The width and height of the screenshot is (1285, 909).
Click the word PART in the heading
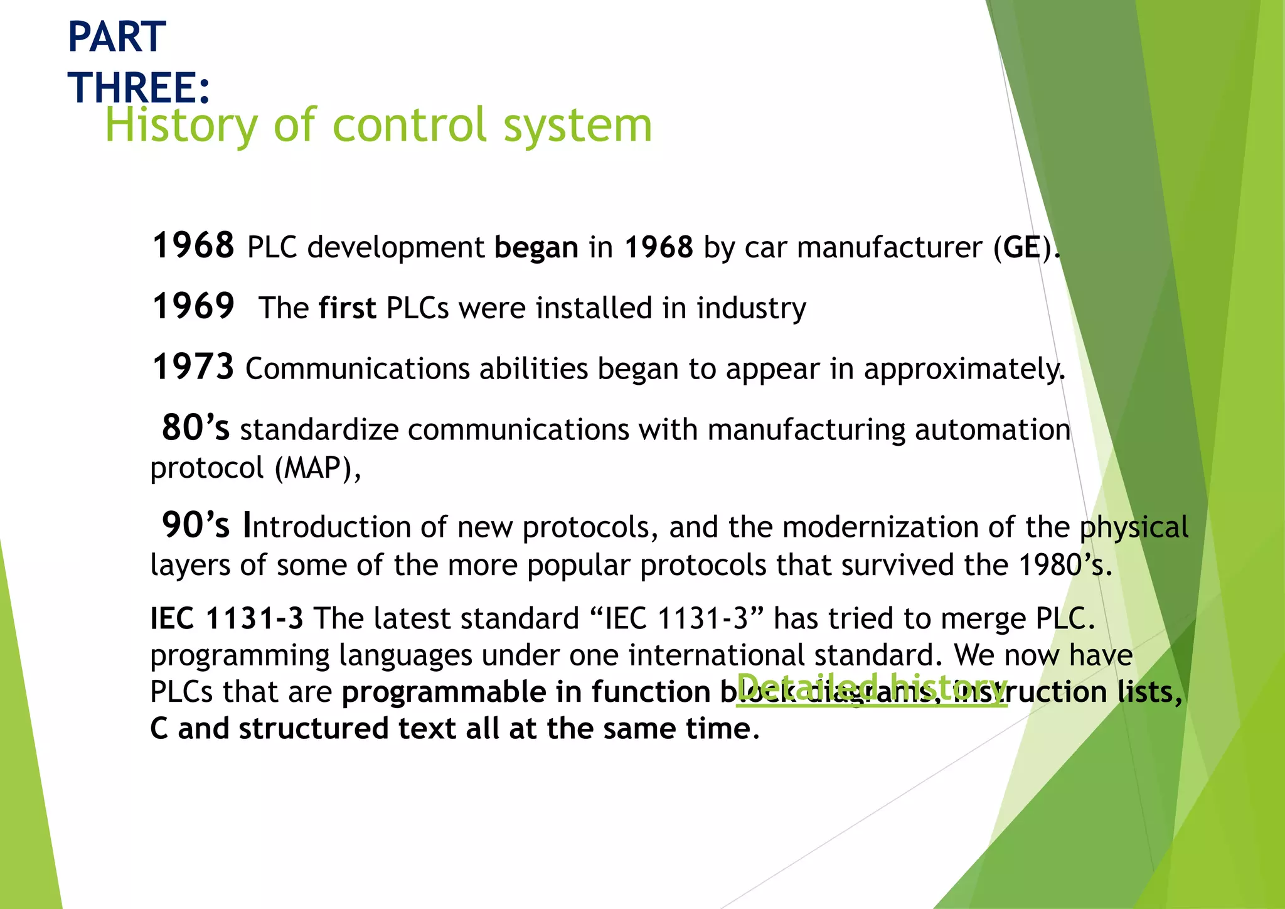117,37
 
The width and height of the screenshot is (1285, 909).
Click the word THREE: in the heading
139,87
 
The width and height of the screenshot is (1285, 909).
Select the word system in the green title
578,126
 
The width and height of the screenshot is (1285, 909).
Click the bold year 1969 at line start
193,306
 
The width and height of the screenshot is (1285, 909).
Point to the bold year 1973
193,367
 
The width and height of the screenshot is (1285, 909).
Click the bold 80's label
196,428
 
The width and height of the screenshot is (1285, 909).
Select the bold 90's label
196,525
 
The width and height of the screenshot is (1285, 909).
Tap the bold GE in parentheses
1022,247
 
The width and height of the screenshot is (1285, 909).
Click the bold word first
347,308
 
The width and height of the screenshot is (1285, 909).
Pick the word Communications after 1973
357,369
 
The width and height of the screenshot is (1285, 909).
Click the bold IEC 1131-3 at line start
227,619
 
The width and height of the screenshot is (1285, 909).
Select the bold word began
536,248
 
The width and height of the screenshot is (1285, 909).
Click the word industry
751,308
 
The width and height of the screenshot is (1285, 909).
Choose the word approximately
964,369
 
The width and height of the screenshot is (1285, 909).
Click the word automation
993,430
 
